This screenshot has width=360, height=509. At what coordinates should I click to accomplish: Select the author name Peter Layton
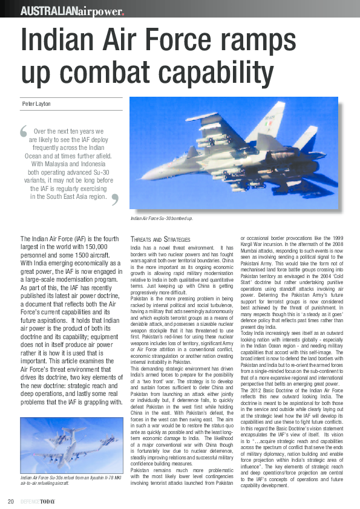[x=37, y=103]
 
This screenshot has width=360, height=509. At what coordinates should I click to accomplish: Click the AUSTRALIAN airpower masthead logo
[x=72, y=11]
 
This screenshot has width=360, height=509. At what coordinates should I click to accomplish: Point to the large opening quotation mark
[x=24, y=131]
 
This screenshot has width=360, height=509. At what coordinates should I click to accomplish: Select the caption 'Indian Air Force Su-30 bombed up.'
[x=162, y=218]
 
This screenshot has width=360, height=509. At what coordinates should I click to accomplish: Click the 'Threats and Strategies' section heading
[x=160, y=240]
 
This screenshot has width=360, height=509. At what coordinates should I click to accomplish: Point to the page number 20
[x=11, y=501]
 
